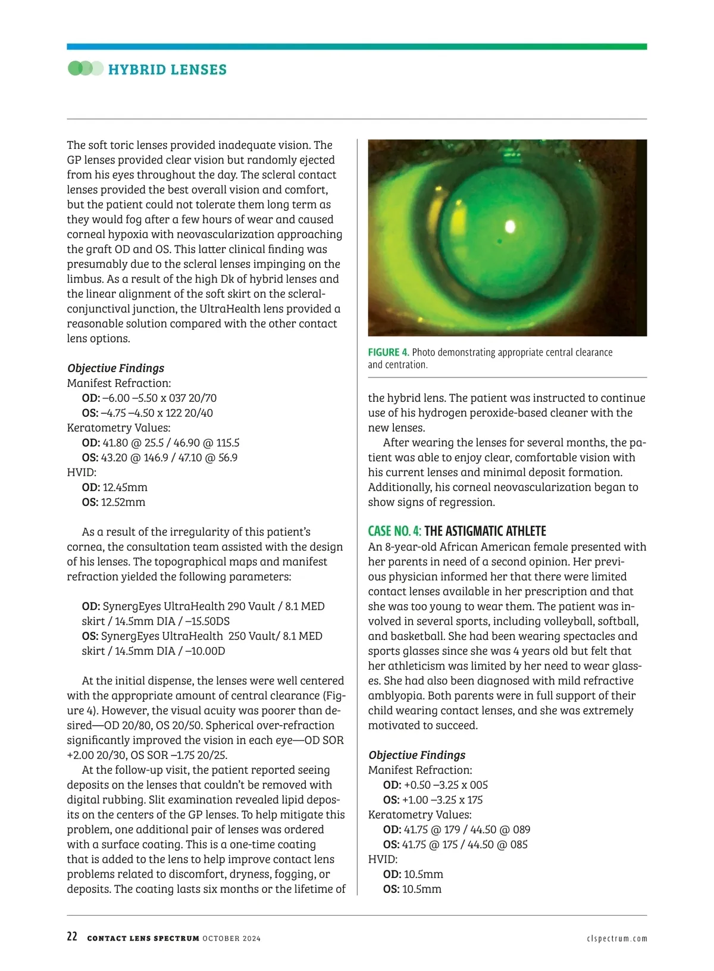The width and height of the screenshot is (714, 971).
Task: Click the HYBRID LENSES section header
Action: [x=167, y=70]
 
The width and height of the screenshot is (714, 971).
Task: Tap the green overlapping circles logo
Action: [x=85, y=68]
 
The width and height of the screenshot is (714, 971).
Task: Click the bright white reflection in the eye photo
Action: [x=510, y=226]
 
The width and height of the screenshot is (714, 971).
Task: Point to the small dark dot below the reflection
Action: [x=500, y=241]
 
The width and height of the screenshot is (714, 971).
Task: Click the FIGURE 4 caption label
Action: [x=388, y=352]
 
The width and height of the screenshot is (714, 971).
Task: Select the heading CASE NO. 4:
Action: [x=394, y=531]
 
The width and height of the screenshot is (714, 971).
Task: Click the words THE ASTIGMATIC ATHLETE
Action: [x=485, y=531]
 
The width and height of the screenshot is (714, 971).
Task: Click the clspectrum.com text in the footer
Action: [x=616, y=938]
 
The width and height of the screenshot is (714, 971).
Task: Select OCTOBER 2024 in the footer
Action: [x=231, y=938]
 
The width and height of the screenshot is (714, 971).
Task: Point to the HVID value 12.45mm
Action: [x=125, y=488]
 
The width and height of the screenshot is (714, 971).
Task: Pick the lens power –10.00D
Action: [x=205, y=651]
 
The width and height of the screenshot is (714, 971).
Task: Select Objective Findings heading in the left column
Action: [x=115, y=369]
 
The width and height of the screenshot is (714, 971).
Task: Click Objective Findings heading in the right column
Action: [x=416, y=755]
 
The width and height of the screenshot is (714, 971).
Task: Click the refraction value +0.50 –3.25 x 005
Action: [x=446, y=785]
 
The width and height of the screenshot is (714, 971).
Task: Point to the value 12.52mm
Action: [x=123, y=502]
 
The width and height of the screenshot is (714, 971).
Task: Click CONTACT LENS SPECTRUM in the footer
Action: [x=143, y=938]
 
